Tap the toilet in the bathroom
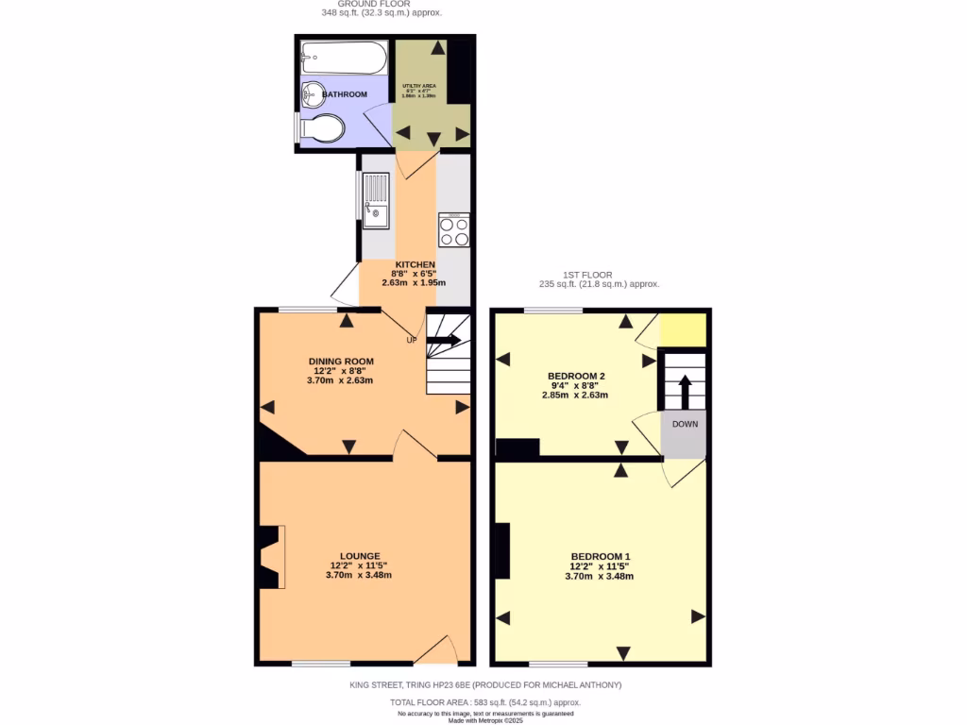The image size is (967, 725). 320,128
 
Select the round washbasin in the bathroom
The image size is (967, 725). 312,94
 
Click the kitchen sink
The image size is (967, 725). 377,201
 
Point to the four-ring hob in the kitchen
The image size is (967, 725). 454,231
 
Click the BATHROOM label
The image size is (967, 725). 345,94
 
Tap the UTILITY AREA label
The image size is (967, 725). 418,86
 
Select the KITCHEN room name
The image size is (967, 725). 415,264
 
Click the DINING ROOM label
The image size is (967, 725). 341,362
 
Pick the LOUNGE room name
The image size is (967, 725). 360,556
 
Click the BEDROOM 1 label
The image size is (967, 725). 600,556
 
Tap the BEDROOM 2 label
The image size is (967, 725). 576,376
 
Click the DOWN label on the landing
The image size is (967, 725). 685,424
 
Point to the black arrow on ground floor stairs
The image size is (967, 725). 445,340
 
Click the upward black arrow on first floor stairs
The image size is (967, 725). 685,389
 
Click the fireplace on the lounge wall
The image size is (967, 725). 270,557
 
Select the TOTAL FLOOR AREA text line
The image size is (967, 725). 485,702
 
